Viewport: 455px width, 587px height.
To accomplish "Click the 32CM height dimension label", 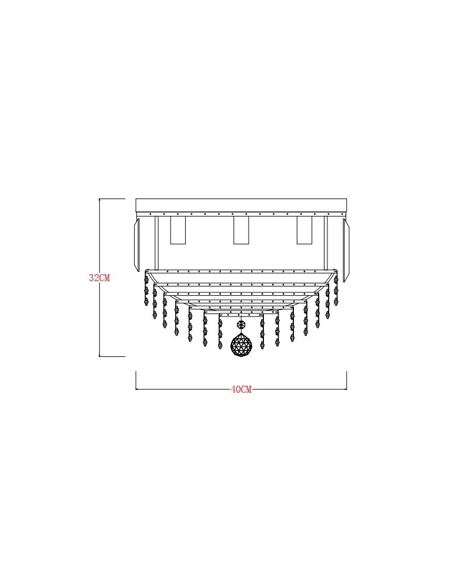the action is pos(99,278).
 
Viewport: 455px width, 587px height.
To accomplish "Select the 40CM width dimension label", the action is pos(241,389).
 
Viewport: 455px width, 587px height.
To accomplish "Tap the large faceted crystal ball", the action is pos(241,344).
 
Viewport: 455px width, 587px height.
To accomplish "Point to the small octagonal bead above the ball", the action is pos(241,323).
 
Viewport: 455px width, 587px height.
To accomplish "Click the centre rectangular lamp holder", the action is pos(241,230).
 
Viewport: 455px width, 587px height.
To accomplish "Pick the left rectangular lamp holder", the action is pos(178,230).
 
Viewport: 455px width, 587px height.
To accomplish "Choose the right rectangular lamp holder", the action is pos(305,230).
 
